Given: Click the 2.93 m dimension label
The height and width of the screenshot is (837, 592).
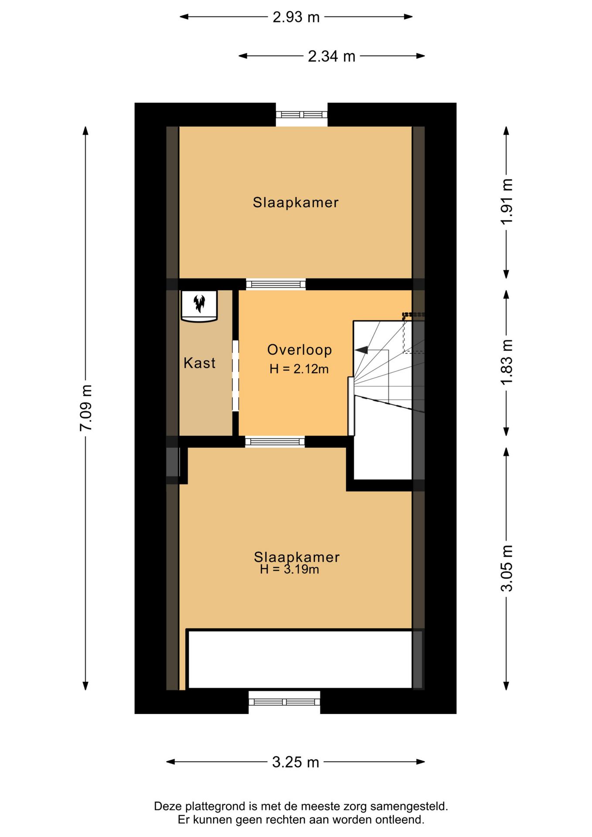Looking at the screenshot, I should tap(296, 17).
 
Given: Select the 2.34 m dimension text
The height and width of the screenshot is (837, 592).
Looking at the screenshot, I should tap(331, 56).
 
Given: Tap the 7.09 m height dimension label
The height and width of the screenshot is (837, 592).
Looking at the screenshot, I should tap(86, 408).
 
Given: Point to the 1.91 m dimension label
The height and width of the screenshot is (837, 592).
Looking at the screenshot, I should tap(507, 202).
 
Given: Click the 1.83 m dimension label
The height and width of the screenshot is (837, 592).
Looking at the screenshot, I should tap(507, 362).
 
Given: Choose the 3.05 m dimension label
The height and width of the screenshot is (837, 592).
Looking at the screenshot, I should tap(507, 568).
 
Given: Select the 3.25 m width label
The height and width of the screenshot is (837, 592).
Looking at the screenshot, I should tap(296, 762).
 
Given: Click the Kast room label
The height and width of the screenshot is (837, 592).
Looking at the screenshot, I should tap(199, 363).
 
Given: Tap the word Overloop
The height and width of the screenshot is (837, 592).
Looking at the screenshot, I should tap(299, 350).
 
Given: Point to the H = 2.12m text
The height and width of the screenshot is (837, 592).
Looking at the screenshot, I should tap(299, 369).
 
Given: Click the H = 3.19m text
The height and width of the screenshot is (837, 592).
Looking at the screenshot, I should tap(289, 569).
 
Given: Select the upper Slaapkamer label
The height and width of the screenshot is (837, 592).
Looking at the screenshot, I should tap(296, 202).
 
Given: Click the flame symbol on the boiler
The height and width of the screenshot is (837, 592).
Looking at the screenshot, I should tap(199, 303).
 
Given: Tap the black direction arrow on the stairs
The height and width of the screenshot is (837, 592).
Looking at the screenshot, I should tap(361, 350).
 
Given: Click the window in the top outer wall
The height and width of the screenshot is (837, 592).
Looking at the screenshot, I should tap(302, 115).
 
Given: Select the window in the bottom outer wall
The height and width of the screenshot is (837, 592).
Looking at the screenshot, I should tap(284, 702).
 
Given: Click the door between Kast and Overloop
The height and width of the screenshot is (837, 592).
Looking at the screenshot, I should tap(235, 375).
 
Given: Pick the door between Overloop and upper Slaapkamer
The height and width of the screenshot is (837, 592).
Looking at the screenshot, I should tap(276, 284).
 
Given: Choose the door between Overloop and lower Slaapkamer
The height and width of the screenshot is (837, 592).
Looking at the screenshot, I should tap(275, 442).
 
